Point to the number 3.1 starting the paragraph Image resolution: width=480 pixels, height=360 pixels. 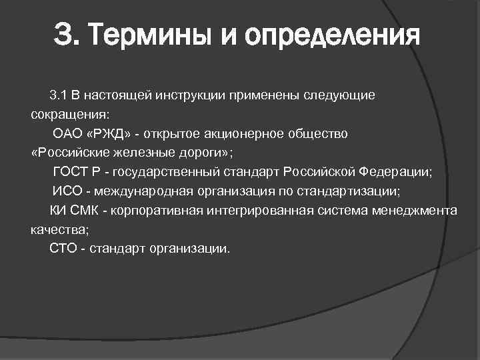[x=58, y=95]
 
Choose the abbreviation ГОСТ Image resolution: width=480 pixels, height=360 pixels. [x=69, y=172]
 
